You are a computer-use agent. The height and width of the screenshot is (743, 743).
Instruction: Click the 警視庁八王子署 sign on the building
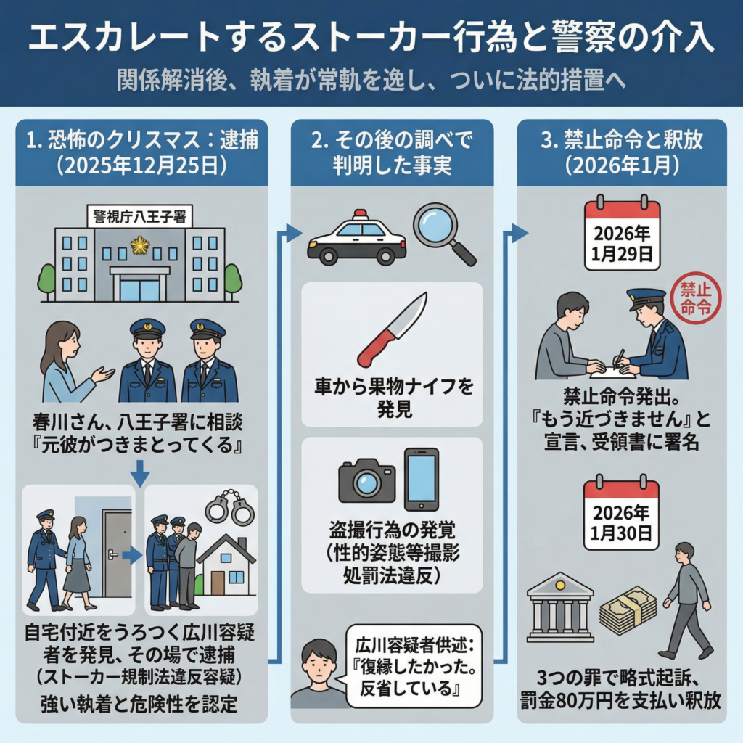140,218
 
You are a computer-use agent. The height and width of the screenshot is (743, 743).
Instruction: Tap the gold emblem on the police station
140,245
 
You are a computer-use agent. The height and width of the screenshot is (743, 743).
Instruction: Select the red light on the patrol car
361,214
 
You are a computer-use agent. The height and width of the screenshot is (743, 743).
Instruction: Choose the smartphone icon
422,479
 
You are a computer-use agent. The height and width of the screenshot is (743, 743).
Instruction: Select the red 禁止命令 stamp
696,298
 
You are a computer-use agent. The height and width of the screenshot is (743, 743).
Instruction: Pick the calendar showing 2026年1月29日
622,233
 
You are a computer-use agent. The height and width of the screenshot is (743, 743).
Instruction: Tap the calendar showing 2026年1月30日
621,512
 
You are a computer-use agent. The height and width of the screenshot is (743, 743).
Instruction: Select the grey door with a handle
117,553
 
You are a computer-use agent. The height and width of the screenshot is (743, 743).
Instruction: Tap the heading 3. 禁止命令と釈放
622,140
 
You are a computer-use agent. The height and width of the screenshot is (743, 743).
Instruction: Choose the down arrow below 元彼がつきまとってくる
140,473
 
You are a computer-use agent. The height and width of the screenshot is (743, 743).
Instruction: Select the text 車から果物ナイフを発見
394,398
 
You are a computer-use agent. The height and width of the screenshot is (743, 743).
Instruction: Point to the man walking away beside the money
687,601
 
